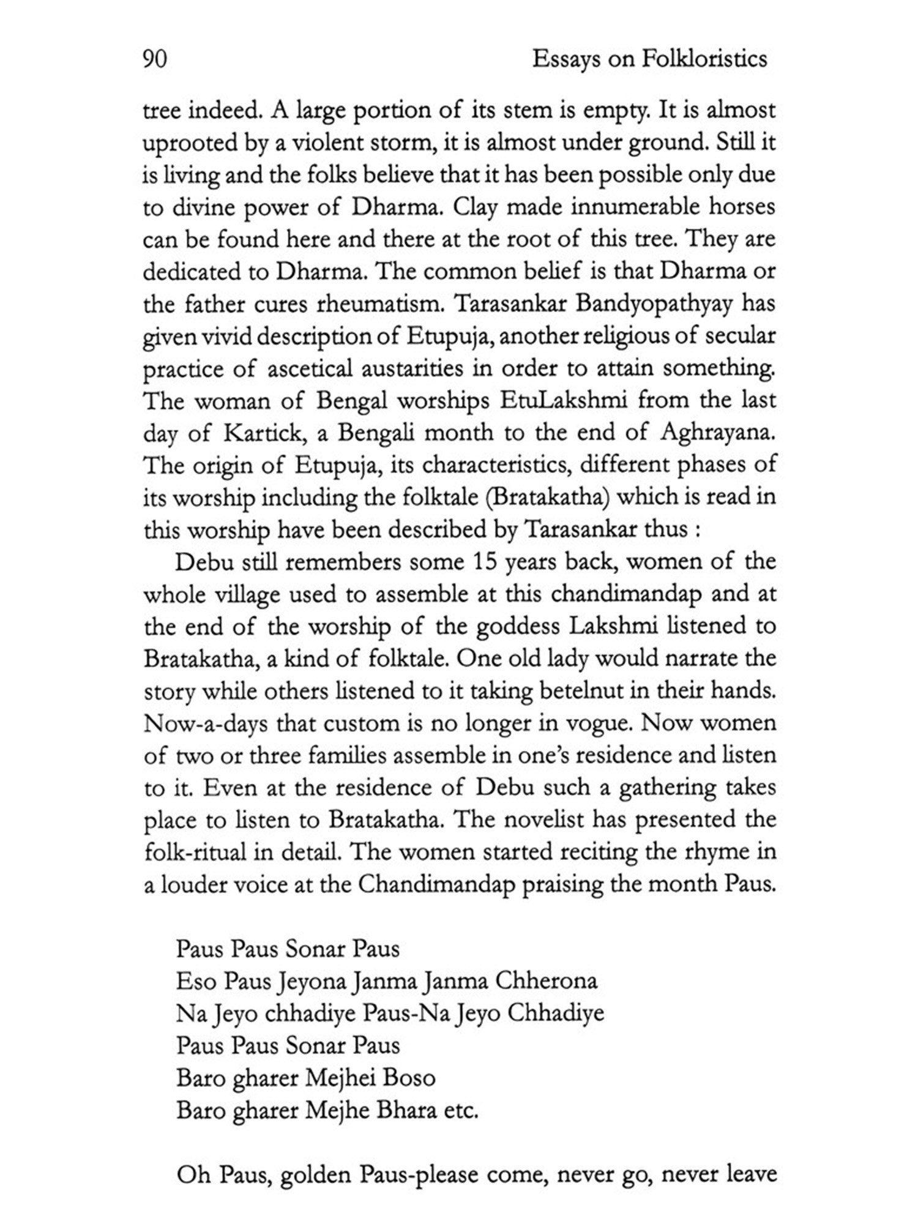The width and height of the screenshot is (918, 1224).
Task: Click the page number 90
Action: (155, 59)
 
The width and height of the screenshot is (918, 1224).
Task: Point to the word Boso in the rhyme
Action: (409, 1077)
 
